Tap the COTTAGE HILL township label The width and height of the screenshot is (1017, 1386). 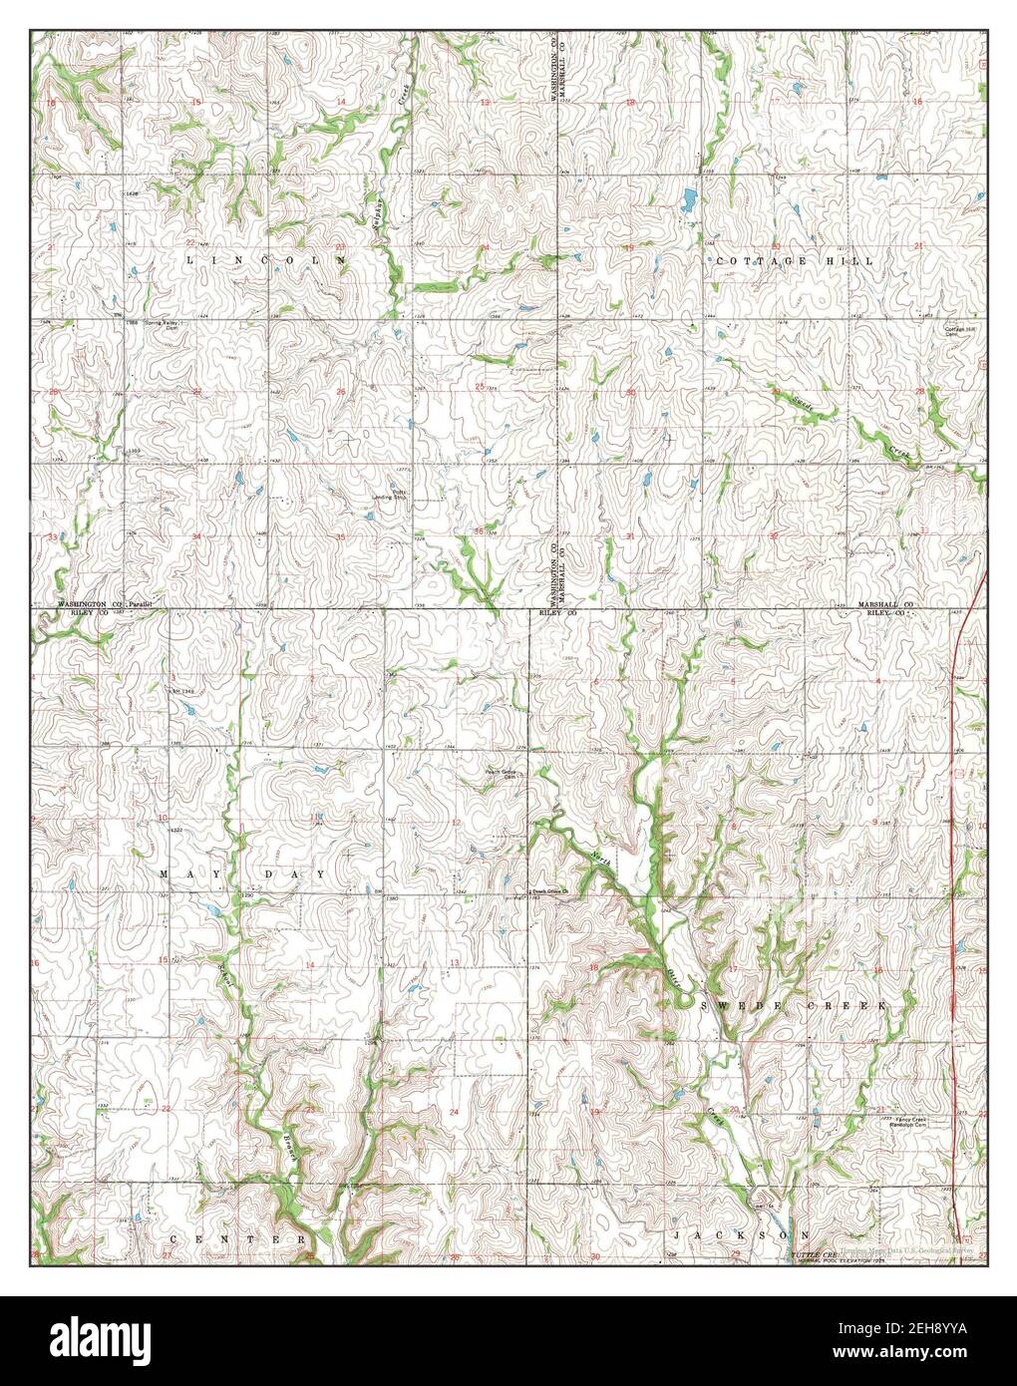click(x=793, y=260)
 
